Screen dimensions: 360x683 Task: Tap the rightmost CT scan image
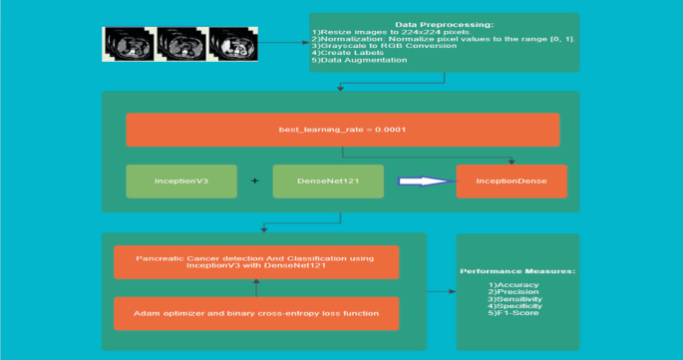coord(233,44)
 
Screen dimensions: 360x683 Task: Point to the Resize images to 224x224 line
coord(373,31)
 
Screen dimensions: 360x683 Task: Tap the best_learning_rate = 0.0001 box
coord(342,131)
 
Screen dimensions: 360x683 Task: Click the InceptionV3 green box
coord(180,181)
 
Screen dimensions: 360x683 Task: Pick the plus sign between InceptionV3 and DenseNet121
coord(254,181)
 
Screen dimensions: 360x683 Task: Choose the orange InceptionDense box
coord(512,181)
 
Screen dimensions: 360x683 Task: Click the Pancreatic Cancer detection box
coord(256,262)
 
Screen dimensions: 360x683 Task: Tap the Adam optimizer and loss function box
coord(256,313)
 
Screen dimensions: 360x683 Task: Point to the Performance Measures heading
coord(516,271)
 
